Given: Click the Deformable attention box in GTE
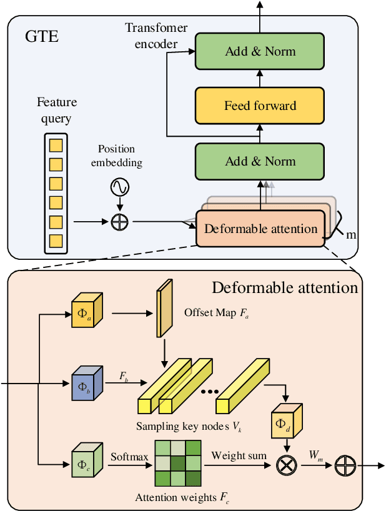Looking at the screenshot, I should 260,229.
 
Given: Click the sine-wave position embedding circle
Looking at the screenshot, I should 119,187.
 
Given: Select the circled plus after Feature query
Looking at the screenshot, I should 119,221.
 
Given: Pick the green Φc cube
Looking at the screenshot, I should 86,464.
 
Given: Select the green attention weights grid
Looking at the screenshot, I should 177,464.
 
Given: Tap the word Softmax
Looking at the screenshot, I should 129,457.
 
